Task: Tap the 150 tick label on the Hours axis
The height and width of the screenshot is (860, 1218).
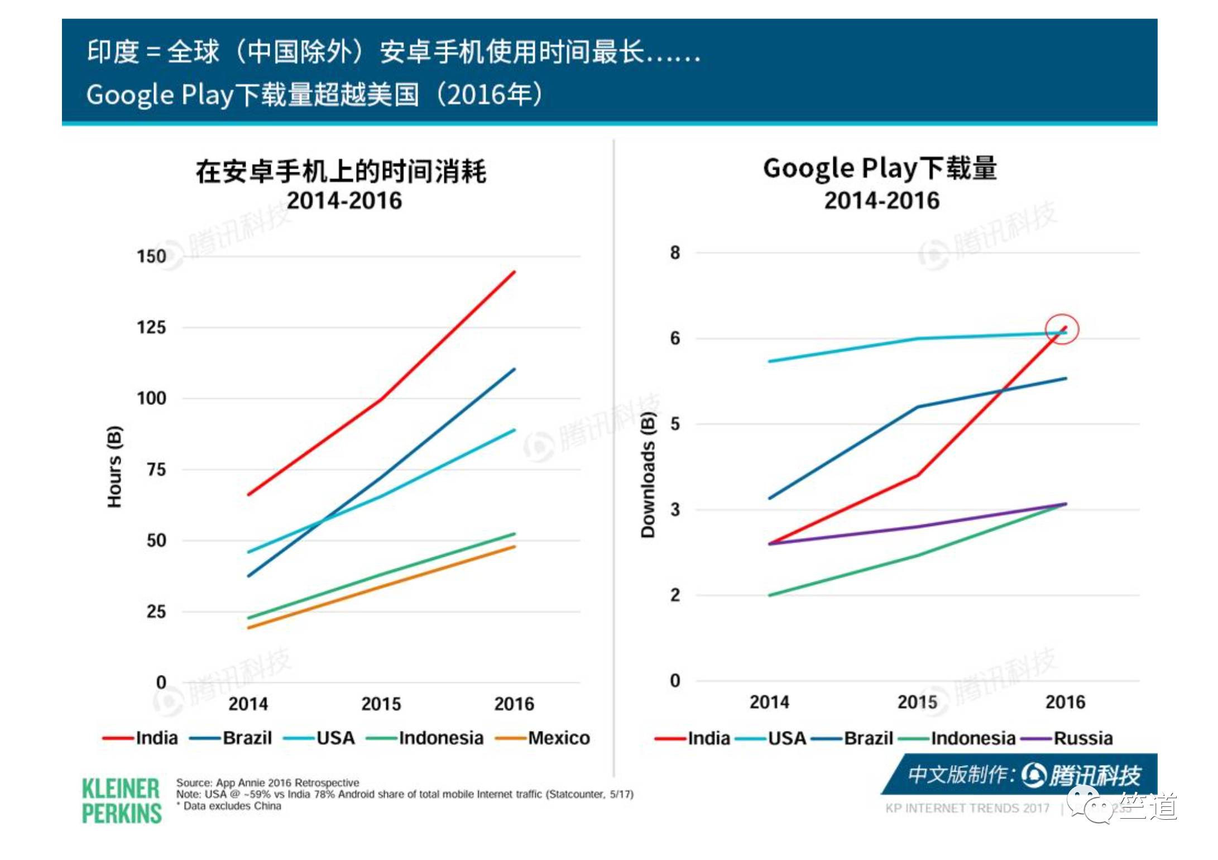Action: click(x=151, y=256)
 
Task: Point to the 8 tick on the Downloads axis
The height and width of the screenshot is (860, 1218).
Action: click(x=675, y=252)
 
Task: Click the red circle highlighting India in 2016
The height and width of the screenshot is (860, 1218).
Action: click(x=1062, y=329)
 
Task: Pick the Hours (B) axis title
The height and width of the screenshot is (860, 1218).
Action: click(x=114, y=467)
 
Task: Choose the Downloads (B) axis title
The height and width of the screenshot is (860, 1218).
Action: click(x=648, y=475)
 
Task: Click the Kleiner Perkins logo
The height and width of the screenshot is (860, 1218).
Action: click(x=121, y=801)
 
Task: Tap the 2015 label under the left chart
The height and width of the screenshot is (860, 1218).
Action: click(x=381, y=704)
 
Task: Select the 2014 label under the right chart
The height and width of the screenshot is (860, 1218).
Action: click(x=769, y=702)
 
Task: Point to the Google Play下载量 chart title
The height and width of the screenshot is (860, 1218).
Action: click(x=880, y=169)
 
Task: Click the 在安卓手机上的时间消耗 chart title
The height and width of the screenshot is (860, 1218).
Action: click(x=341, y=171)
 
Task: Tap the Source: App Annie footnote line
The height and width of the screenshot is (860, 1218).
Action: click(x=267, y=783)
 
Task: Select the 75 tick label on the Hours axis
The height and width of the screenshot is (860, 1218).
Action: click(x=156, y=470)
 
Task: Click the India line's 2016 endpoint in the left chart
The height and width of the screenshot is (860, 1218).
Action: click(x=514, y=272)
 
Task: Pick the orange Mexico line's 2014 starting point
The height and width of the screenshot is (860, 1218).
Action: click(x=249, y=628)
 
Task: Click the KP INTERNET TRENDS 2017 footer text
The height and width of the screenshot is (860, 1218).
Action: click(x=967, y=808)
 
